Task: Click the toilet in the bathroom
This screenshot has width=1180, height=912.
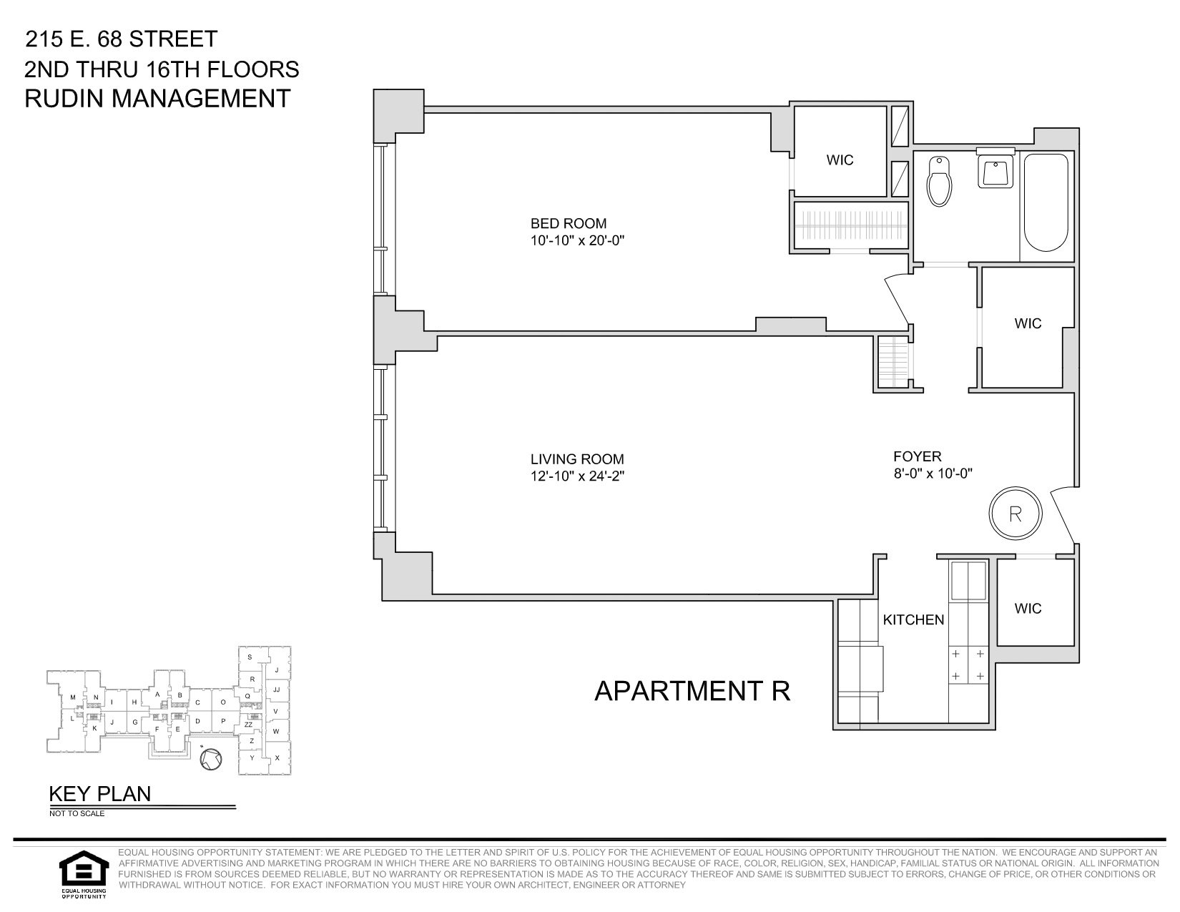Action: pyautogui.click(x=938, y=180)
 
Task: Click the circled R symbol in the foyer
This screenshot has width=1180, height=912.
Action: pyautogui.click(x=1015, y=514)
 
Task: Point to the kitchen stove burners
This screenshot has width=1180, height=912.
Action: pyautogui.click(x=967, y=665)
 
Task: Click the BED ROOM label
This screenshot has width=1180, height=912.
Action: pyautogui.click(x=568, y=223)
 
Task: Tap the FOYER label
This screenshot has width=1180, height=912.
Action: pyautogui.click(x=917, y=456)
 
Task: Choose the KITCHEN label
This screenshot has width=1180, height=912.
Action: pyautogui.click(x=913, y=619)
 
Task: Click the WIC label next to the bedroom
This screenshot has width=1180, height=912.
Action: pyautogui.click(x=840, y=160)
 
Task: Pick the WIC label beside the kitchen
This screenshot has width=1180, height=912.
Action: pyautogui.click(x=1028, y=609)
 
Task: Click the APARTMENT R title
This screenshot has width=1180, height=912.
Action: pyautogui.click(x=692, y=691)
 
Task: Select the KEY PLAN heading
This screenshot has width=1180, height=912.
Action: pyautogui.click(x=99, y=794)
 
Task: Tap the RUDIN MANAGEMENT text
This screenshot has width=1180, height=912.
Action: pyautogui.click(x=157, y=98)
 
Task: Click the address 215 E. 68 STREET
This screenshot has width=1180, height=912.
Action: pyautogui.click(x=121, y=39)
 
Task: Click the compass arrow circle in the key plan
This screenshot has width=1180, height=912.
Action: pyautogui.click(x=211, y=761)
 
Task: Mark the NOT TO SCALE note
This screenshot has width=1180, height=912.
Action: pyautogui.click(x=77, y=813)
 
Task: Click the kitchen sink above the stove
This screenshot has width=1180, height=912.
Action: pyautogui.click(x=967, y=580)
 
